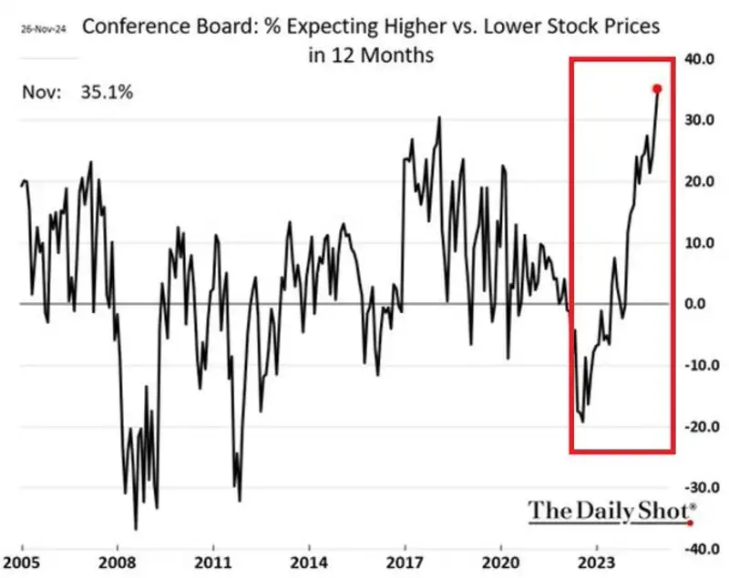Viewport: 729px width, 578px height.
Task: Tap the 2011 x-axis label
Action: pyautogui.click(x=212, y=562)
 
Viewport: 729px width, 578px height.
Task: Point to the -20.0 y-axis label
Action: pyautogui.click(x=701, y=426)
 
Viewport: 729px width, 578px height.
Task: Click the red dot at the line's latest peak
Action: pyautogui.click(x=657, y=88)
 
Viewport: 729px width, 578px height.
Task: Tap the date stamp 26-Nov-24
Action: pyautogui.click(x=43, y=28)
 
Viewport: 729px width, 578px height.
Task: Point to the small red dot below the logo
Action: pyautogui.click(x=690, y=523)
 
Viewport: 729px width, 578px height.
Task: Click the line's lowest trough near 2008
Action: pyautogui.click(x=136, y=529)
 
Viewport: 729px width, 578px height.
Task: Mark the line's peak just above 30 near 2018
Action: pyautogui.click(x=439, y=117)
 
